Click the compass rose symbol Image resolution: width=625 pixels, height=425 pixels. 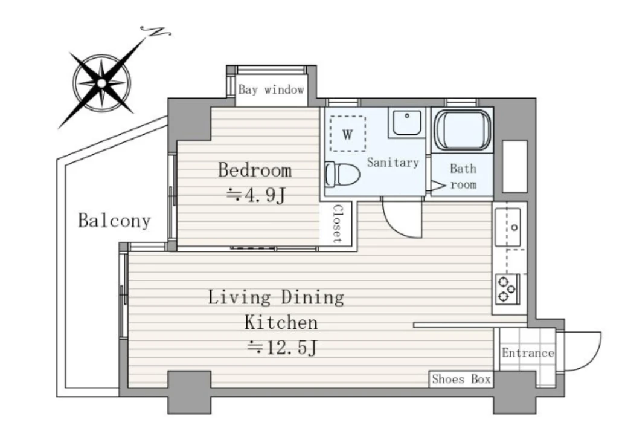tap(102, 83)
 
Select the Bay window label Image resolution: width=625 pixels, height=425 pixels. tap(271, 90)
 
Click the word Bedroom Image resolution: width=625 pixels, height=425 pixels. tap(255, 170)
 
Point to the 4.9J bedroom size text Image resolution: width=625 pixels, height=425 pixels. tap(256, 195)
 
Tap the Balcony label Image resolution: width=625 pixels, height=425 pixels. tap(114, 221)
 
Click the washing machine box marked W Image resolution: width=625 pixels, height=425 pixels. tap(348, 134)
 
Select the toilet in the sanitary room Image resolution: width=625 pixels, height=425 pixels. tap(342, 174)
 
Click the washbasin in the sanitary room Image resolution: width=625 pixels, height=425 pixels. tap(406, 123)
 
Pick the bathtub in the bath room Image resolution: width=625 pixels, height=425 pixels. tap(463, 130)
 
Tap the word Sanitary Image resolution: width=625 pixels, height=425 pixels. tap(393, 163)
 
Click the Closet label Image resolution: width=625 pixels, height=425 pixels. tap(337, 224)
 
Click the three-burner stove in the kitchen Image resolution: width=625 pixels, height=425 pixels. tap(507, 289)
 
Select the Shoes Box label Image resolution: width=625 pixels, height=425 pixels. tap(461, 379)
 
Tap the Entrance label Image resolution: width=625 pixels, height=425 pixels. tap(528, 353)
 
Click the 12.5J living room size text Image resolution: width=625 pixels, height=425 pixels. tap(282, 348)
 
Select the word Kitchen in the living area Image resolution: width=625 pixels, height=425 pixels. tap(281, 322)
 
